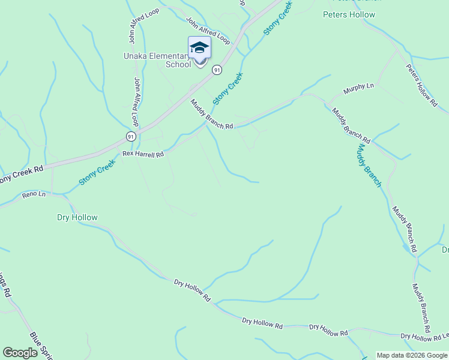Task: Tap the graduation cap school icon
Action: coord(199,48)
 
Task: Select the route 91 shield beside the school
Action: coord(217,70)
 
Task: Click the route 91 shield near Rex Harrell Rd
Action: coord(131,137)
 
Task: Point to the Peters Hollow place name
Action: coord(349,14)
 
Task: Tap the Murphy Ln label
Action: coord(358,89)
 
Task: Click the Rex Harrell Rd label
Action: coord(143,154)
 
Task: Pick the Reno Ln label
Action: coord(34,194)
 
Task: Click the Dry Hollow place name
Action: coord(77,217)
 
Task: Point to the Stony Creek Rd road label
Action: coord(22,174)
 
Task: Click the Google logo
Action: coord(20,353)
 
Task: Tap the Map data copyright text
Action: coord(412,355)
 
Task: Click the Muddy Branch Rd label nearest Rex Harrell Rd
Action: coord(211,114)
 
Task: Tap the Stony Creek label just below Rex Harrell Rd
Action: coord(97,172)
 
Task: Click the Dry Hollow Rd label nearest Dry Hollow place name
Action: coord(192,290)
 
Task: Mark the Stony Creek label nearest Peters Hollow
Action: coord(278,17)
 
